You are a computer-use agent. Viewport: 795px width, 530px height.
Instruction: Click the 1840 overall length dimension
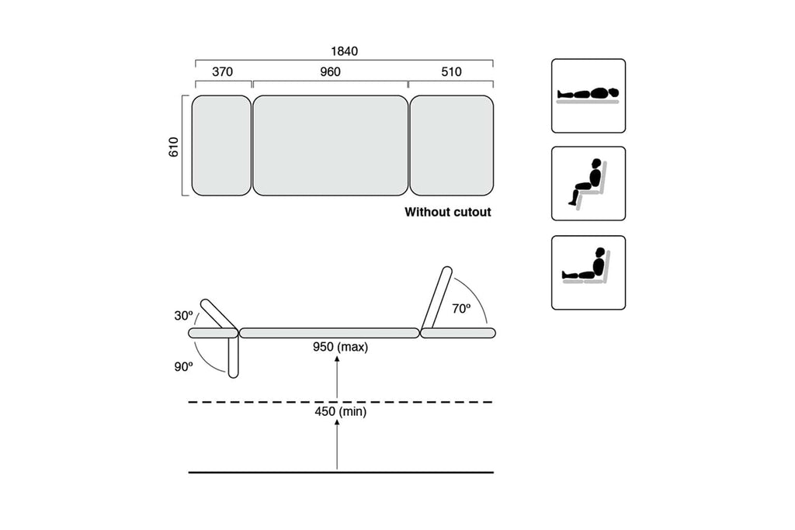click(344, 51)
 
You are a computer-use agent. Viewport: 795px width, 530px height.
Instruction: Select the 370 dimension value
click(222, 72)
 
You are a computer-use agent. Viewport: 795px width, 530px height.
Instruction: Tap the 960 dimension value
click(330, 72)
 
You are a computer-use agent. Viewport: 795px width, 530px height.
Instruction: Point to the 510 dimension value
click(450, 72)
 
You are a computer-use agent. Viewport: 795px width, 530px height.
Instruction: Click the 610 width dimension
click(174, 147)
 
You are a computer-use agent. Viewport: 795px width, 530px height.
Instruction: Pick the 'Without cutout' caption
click(448, 211)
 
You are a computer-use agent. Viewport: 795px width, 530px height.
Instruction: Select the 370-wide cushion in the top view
click(221, 146)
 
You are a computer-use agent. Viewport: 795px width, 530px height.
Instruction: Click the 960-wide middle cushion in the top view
click(330, 146)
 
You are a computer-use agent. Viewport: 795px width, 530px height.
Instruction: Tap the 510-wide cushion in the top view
click(451, 146)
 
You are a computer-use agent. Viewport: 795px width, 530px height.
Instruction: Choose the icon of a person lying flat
click(588, 95)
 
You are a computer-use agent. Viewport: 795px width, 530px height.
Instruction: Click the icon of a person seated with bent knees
click(588, 183)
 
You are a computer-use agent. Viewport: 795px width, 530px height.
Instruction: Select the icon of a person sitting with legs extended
click(588, 272)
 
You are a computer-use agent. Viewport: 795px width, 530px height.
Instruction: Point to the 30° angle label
click(183, 316)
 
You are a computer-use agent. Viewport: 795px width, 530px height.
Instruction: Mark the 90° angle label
click(183, 367)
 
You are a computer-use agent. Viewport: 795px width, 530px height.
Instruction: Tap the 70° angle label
click(461, 308)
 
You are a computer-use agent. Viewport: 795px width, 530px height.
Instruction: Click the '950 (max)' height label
click(340, 348)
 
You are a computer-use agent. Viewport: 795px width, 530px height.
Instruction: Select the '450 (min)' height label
click(340, 413)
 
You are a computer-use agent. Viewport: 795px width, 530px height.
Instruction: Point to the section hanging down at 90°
click(233, 357)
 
